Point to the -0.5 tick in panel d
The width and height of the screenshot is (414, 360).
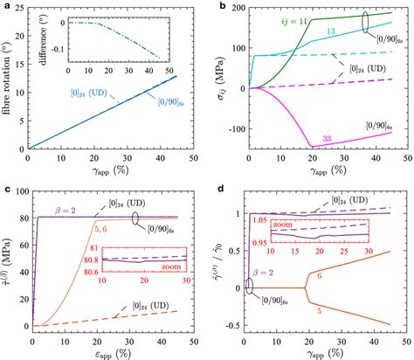(x=228, y=328)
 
